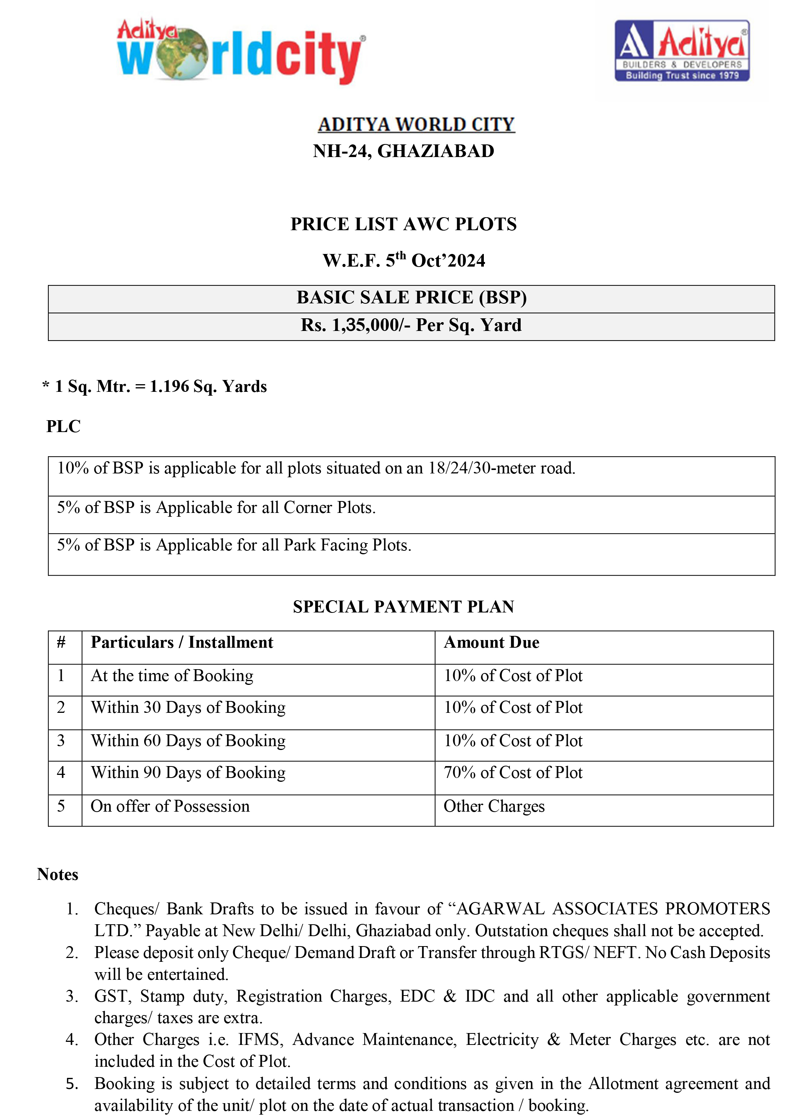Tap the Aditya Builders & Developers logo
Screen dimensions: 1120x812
[x=682, y=51]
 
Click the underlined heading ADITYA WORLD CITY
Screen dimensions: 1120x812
[x=416, y=124]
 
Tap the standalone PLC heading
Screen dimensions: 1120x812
[x=63, y=426]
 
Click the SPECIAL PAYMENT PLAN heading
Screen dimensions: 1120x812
[x=403, y=607]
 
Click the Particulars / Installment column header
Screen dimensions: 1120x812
[x=182, y=642]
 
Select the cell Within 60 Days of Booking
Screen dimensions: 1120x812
[x=188, y=741]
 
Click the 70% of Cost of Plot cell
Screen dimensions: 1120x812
[x=513, y=772]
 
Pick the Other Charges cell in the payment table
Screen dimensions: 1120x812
[x=494, y=806]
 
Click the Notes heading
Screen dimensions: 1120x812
[x=58, y=874]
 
